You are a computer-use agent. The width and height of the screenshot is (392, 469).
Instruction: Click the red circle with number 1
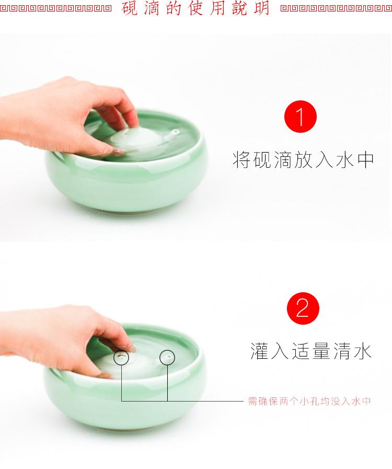coord(301,118)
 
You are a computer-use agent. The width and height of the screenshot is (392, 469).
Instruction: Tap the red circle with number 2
coord(303,308)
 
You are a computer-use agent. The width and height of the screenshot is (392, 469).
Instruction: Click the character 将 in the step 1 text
coord(241,160)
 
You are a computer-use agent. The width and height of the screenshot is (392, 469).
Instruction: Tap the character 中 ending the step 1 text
coord(365,160)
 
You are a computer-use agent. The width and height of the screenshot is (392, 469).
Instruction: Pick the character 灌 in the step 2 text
coord(260,351)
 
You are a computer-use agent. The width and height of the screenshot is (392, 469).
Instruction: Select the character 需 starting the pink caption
coord(252,402)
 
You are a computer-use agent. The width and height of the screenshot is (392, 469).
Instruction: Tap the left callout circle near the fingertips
coord(122,357)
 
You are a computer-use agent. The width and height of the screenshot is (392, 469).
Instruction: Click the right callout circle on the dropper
coord(167,357)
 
